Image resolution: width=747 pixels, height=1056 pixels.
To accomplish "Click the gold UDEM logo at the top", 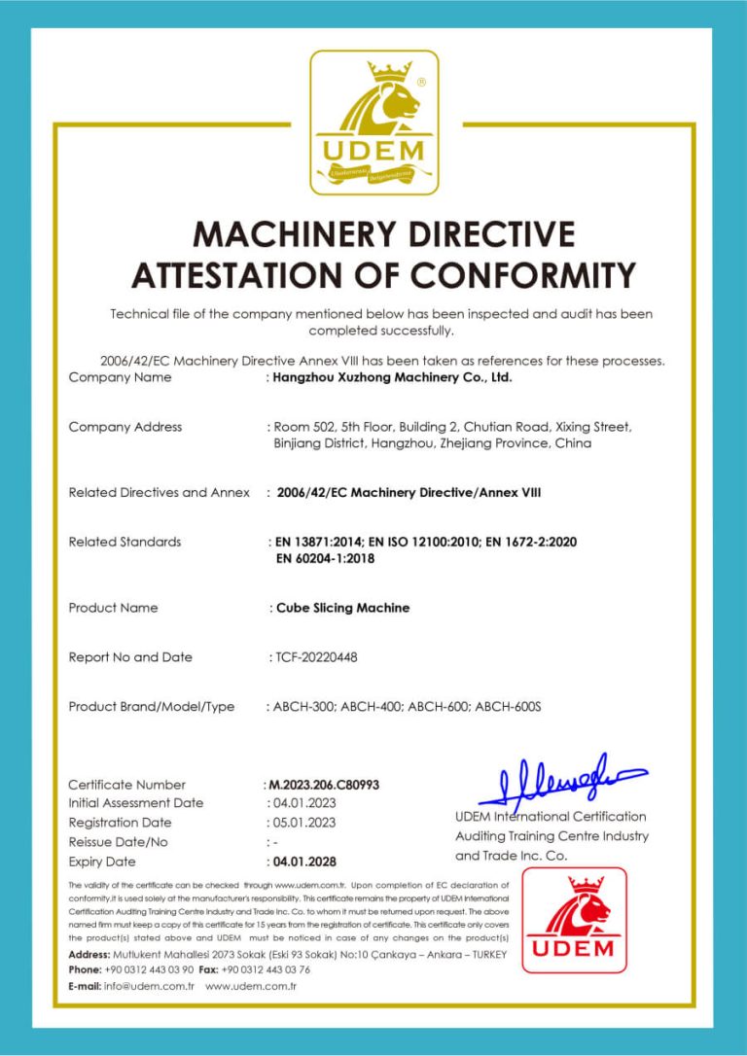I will pyautogui.click(x=374, y=123).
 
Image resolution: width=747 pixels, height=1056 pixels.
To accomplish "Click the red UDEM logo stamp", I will pyautogui.click(x=574, y=920).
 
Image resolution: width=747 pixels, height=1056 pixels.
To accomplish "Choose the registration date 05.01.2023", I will pyautogui.click(x=303, y=823).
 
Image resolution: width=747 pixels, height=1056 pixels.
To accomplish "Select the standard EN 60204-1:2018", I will pyautogui.click(x=326, y=558).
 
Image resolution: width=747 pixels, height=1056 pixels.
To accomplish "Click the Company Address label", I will pyautogui.click(x=125, y=427).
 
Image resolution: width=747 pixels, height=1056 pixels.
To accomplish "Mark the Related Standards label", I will pyautogui.click(x=124, y=542).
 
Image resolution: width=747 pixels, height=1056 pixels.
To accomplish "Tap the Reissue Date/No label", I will pyautogui.click(x=119, y=842).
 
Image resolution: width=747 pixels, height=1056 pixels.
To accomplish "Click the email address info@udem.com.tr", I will pyautogui.click(x=150, y=986).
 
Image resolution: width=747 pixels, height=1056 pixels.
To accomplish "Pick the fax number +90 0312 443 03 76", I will pyautogui.click(x=266, y=969).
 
